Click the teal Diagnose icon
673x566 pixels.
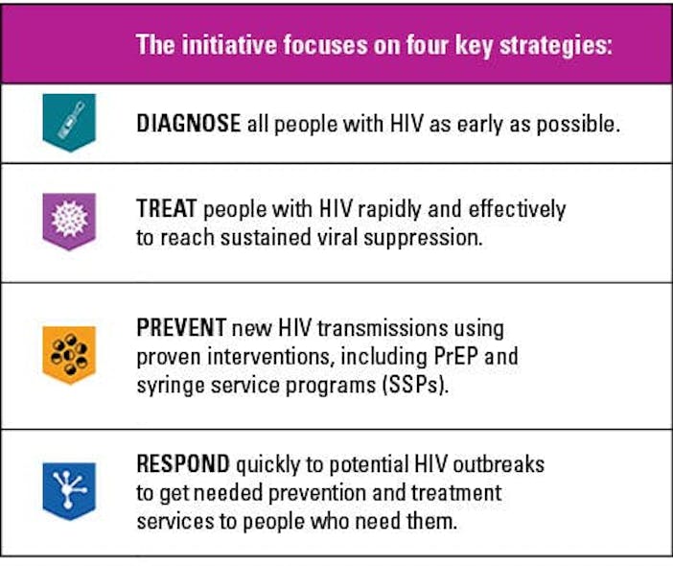point(69,122)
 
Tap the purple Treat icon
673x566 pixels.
point(69,222)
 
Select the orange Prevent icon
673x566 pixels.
point(69,354)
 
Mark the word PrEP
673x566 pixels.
point(458,357)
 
